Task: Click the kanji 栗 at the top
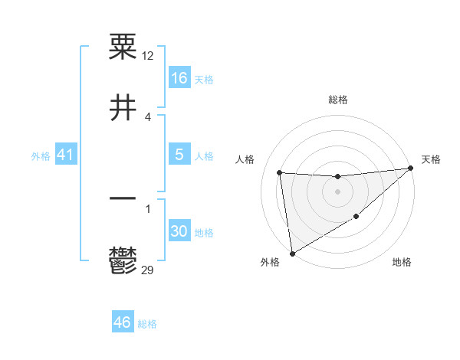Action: click(123, 47)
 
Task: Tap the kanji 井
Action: click(123, 108)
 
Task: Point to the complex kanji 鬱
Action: click(123, 260)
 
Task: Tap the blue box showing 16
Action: click(179, 77)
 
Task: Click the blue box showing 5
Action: click(179, 154)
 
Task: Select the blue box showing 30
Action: click(179, 231)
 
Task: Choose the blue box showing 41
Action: click(65, 155)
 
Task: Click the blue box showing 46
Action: click(122, 322)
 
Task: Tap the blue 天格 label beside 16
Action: click(204, 79)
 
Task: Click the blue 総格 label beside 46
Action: click(147, 324)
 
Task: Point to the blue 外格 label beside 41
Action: click(41, 156)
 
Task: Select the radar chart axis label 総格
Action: click(337, 100)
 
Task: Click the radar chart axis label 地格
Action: click(402, 263)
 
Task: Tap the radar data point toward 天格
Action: click(410, 169)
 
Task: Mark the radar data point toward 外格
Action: click(292, 253)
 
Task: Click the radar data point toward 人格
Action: click(280, 172)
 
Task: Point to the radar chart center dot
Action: click(337, 191)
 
